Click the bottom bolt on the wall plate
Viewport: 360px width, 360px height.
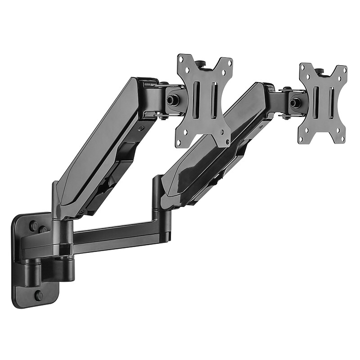click(39, 296)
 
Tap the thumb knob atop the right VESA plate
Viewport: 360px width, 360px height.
click(319, 71)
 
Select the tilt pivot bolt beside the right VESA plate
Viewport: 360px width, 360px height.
click(295, 103)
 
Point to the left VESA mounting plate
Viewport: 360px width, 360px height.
click(204, 100)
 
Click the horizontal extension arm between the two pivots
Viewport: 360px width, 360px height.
click(112, 234)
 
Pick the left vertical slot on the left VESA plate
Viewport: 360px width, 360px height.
click(196, 100)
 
